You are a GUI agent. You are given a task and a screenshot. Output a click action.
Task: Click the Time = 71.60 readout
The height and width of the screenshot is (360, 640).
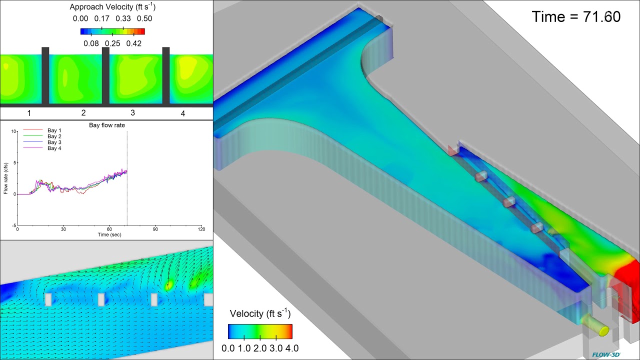576,17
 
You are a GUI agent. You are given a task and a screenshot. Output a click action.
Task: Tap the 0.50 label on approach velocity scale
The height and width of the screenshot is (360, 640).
144,18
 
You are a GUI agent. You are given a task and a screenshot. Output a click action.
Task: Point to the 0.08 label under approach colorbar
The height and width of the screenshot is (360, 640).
91,43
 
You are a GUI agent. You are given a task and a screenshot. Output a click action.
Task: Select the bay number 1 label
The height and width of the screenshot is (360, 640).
29,113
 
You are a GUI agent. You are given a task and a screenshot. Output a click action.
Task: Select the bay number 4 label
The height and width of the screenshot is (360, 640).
182,113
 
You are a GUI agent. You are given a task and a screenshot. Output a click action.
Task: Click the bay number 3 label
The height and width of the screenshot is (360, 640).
132,113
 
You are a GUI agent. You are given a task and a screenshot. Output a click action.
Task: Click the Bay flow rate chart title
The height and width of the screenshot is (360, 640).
107,125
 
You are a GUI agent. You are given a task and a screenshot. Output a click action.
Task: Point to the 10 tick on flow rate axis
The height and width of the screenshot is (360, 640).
13,131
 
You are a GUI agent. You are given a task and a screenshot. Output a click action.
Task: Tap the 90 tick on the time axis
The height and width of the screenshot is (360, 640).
155,229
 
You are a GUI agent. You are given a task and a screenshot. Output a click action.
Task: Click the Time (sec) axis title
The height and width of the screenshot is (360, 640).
109,234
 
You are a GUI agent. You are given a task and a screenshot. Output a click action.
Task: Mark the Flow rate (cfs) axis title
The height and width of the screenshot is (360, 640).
6,178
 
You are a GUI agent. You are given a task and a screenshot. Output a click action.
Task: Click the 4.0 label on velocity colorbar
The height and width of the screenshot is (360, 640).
291,348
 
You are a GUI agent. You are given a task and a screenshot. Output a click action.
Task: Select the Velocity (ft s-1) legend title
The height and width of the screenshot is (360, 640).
260,313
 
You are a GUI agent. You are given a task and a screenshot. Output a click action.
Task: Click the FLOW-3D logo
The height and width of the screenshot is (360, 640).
606,354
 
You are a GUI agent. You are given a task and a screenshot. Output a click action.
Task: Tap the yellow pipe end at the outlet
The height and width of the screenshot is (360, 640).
603,330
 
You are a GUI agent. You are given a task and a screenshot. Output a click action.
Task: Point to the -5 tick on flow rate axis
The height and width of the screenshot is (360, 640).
13,225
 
